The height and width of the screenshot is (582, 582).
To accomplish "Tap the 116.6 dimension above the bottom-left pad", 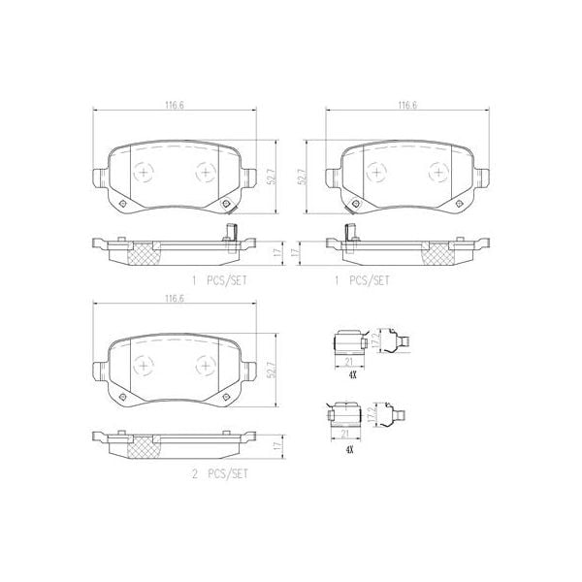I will (x=175, y=298).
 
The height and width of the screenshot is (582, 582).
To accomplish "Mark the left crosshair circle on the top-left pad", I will (x=144, y=172).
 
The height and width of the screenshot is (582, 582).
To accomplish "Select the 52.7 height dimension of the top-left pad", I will (x=275, y=175).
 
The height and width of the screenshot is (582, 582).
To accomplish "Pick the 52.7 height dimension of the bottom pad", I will (x=275, y=370).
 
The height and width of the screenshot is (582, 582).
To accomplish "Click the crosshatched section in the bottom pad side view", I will (x=143, y=447).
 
